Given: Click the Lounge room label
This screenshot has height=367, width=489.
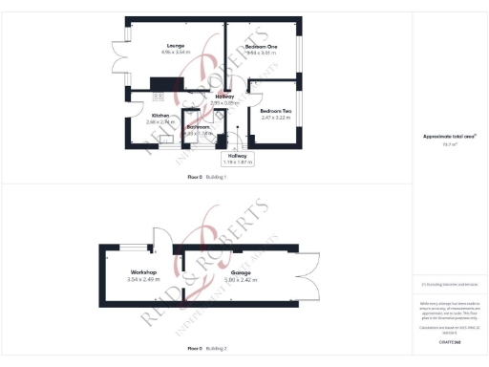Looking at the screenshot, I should pos(175,45).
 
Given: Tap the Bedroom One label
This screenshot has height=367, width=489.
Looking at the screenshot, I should pos(261,46).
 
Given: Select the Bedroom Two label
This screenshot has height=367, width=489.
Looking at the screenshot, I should pos(274,111).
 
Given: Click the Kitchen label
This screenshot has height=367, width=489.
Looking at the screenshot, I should pos(147,116).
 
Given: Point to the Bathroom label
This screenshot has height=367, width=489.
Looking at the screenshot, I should pos(198,127).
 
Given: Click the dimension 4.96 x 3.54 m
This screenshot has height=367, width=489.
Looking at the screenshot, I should pos(175,53).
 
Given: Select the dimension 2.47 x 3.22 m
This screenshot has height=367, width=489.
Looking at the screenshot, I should pos(274,119).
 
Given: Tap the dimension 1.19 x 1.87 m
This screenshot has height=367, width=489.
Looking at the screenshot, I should pos(236,162).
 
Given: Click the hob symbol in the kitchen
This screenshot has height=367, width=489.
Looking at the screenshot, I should pos(157,95).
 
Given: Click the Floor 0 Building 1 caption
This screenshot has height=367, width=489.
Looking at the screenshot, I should pos(207,178).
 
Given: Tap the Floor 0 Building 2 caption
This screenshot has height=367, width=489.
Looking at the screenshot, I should pos(207,349).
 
